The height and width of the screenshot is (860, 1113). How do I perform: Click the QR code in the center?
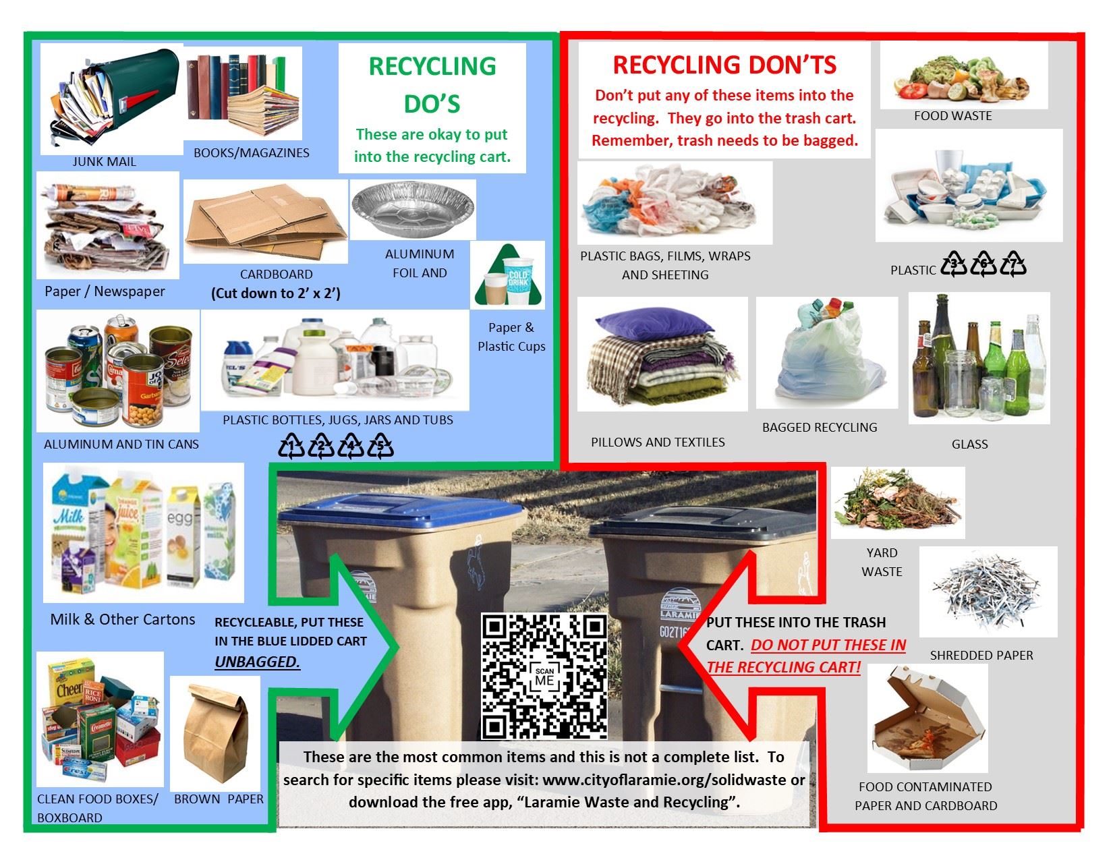[x=544, y=676]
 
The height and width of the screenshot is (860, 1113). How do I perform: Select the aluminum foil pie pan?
[x=413, y=208]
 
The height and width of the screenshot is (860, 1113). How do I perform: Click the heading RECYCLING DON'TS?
[x=724, y=65]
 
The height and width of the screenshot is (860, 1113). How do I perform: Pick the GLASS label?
[x=969, y=444]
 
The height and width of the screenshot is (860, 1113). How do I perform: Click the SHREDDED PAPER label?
[x=981, y=655]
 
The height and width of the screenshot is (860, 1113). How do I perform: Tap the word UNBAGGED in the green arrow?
[x=257, y=662]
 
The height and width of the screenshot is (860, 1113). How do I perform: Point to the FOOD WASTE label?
[x=952, y=116]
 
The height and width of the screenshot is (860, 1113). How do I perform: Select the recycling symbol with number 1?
[x=292, y=446]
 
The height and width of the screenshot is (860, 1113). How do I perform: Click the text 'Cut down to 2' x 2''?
[x=275, y=293]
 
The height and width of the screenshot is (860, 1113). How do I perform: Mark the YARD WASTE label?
[x=882, y=562]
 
